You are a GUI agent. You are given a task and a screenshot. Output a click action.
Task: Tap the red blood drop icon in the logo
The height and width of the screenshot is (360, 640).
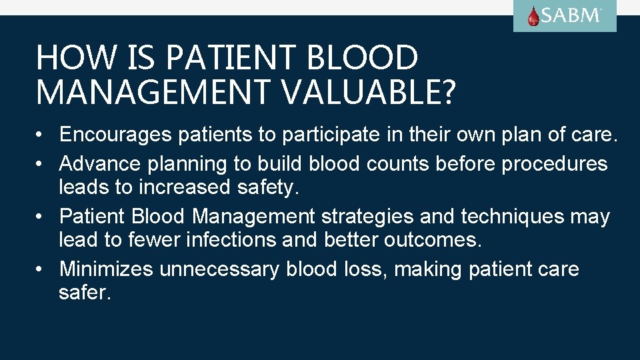tap(533, 16)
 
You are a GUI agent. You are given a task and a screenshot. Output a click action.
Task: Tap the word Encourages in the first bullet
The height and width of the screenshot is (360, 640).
tap(115, 135)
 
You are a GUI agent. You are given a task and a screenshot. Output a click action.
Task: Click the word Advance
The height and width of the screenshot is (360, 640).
tap(99, 163)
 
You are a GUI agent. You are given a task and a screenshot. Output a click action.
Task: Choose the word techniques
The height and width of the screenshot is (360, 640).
tap(517, 217)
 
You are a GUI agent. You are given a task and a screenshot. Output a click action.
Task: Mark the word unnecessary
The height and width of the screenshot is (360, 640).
tap(219, 270)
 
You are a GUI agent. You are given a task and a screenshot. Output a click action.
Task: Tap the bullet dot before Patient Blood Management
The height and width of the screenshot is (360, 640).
tap(41, 217)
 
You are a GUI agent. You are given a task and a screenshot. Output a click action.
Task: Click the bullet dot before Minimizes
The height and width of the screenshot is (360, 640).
tap(41, 269)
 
